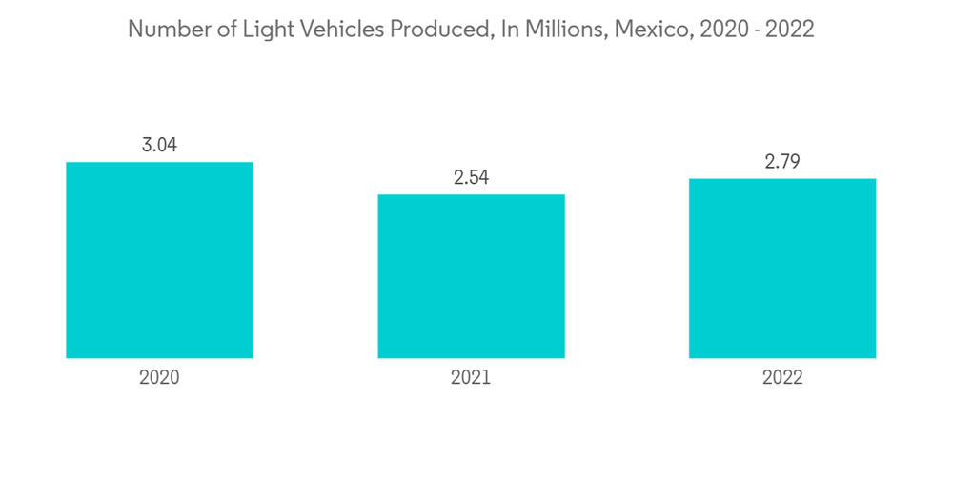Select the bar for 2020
click(x=159, y=260)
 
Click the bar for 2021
click(x=471, y=276)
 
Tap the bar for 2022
click(x=782, y=268)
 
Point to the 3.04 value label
click(x=159, y=146)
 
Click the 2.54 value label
click(x=471, y=178)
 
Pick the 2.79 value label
click(x=782, y=162)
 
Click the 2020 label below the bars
click(x=159, y=377)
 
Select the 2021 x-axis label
click(x=471, y=377)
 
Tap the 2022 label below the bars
click(x=782, y=377)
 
